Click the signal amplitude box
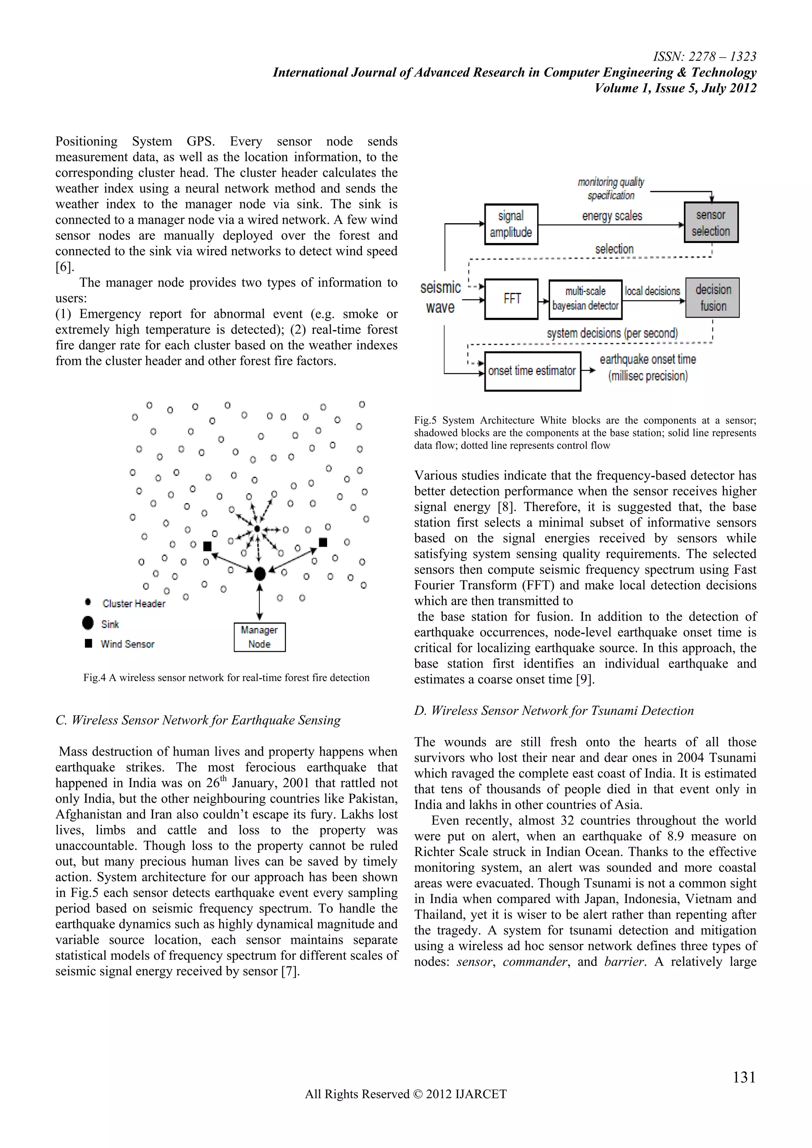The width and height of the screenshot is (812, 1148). coord(511,224)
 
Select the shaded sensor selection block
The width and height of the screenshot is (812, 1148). coord(711,222)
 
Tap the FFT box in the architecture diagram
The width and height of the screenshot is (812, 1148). coord(511,299)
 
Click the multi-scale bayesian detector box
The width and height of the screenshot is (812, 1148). coord(585,299)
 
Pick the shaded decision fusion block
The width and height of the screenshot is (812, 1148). coord(712,298)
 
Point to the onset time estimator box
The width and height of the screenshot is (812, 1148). coord(532,371)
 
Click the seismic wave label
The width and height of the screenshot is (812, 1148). coord(440,297)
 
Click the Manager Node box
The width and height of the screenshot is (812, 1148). coord(260,637)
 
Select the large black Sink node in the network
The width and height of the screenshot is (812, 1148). coord(260,574)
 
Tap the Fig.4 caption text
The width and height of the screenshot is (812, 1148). coord(226,677)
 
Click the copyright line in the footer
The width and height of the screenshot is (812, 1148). coord(406,1094)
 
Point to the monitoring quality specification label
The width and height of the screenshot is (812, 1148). coord(611,189)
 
